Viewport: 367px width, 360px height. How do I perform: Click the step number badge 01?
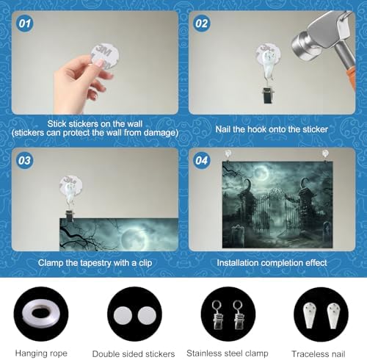[24, 24]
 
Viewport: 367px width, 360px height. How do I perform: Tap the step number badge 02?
[201, 24]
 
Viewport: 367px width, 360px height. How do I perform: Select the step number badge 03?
[24, 161]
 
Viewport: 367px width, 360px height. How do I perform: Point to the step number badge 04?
[201, 161]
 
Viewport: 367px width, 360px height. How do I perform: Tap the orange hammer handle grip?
[352, 78]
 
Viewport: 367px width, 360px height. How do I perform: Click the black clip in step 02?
[268, 95]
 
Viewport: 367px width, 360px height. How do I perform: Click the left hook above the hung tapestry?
[228, 155]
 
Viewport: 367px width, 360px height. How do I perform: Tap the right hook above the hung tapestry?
[325, 155]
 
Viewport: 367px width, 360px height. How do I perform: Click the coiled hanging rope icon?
[41, 314]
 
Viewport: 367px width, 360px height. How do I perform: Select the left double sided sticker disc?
[123, 315]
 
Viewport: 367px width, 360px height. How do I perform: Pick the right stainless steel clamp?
[239, 315]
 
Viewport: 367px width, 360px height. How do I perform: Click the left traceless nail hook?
[310, 315]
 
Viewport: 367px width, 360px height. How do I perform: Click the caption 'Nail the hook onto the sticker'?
[272, 129]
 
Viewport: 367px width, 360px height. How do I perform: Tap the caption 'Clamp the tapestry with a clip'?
[95, 263]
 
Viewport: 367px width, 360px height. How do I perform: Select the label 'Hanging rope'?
[41, 353]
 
